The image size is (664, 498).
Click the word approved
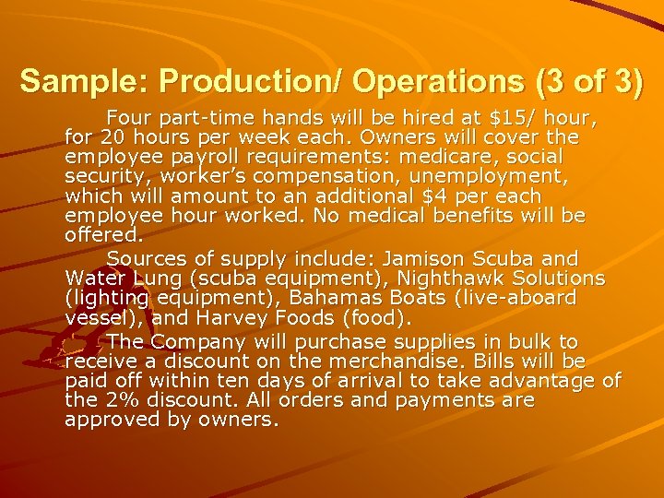tap(110, 421)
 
